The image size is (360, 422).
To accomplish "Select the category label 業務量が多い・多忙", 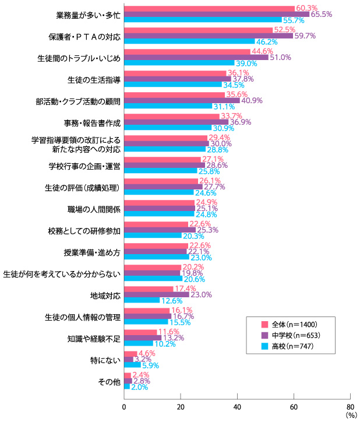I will [87, 14].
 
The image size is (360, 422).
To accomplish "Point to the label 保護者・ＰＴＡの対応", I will [84, 36].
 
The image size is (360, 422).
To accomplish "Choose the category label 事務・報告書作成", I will [92, 123].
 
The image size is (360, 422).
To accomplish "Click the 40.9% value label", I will [251, 101].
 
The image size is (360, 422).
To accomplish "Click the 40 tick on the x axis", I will [237, 406].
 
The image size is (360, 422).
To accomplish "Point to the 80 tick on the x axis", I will [350, 406].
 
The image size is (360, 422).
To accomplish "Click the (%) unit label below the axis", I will [350, 416].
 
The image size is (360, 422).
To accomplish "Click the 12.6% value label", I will [171, 300].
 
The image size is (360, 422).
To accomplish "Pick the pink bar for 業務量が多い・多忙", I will [209, 8].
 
